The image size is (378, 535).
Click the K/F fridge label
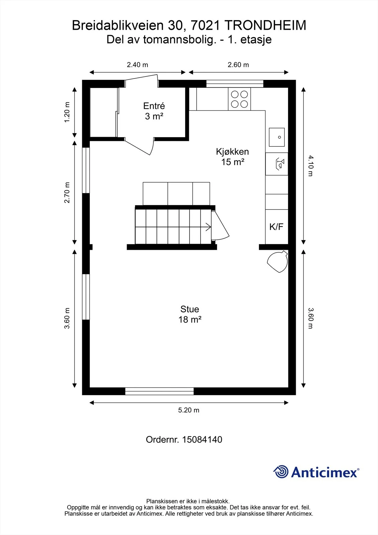click(276, 227)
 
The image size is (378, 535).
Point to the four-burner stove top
click(239, 99)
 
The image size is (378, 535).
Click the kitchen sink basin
click(277, 137)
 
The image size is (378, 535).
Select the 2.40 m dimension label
click(137, 65)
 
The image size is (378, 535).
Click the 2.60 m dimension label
click(238, 65)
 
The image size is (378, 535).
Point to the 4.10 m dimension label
click(310, 166)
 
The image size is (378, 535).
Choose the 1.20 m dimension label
click(67, 112)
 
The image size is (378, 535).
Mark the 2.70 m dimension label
click(67, 193)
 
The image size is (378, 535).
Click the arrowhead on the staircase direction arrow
click(209, 227)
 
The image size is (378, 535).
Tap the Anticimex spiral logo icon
click(281, 471)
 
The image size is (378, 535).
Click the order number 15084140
click(202, 439)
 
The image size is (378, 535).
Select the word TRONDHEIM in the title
click(265, 25)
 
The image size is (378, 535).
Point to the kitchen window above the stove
click(235, 84)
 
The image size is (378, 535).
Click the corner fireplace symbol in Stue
click(278, 261)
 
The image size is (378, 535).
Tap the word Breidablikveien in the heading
click(118, 25)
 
